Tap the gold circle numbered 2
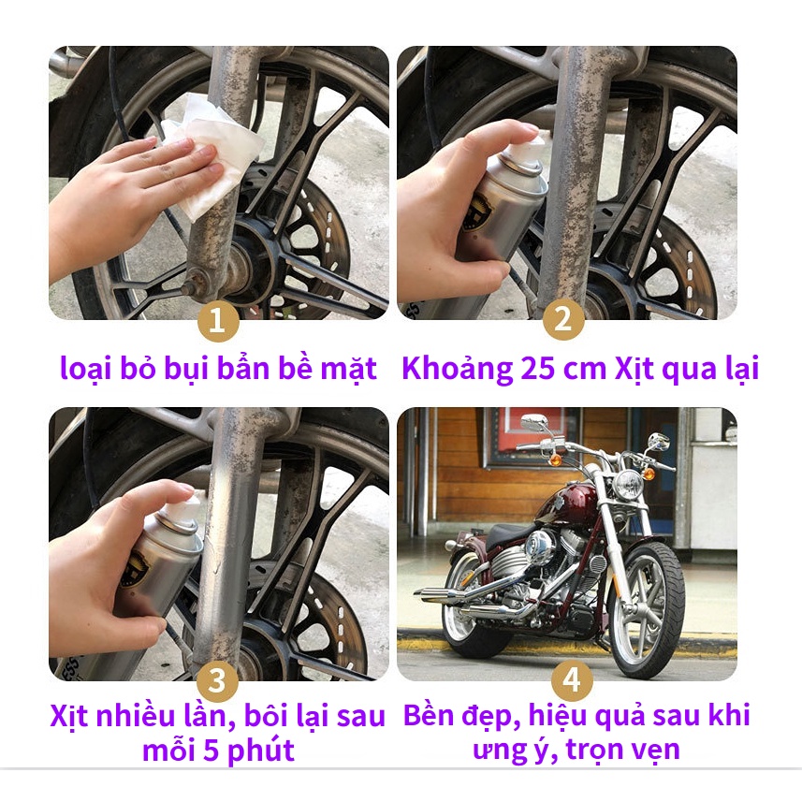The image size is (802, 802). (563, 321)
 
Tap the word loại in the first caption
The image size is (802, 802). (83, 368)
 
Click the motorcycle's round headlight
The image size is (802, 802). (628, 483)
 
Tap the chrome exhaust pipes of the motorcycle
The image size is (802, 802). (468, 599)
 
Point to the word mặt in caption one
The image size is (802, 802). (348, 368)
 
